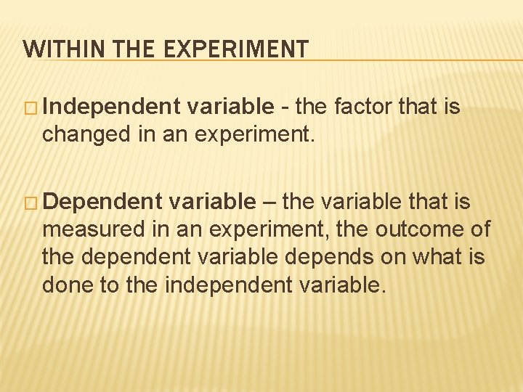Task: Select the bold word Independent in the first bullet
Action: [x=110, y=107]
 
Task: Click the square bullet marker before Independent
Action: [x=32, y=108]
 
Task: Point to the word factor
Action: [x=368, y=107]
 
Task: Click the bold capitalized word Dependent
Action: [x=102, y=201]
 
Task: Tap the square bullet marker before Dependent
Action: [x=32, y=202]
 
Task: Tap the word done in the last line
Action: [x=65, y=285]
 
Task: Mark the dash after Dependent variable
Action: [x=269, y=202]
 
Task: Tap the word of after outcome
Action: [x=481, y=229]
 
